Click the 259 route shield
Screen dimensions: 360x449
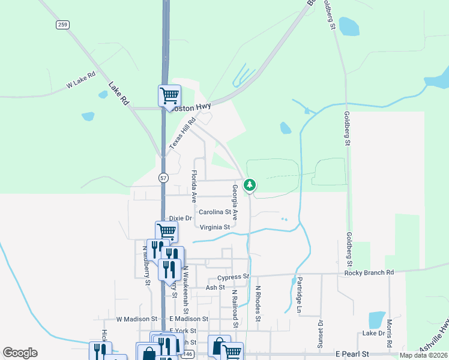(x=62, y=25)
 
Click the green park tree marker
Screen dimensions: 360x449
(x=250, y=185)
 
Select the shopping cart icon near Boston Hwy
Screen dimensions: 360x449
(x=170, y=95)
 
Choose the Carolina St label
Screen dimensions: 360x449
(x=215, y=212)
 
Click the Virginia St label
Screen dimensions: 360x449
(x=215, y=227)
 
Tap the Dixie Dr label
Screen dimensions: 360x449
(x=180, y=218)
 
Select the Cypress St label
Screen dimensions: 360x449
(x=234, y=277)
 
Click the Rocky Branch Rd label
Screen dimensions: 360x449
(x=369, y=273)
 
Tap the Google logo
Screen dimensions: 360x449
(x=20, y=353)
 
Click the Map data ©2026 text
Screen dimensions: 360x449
(x=423, y=355)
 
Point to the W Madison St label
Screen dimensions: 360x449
(x=136, y=319)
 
